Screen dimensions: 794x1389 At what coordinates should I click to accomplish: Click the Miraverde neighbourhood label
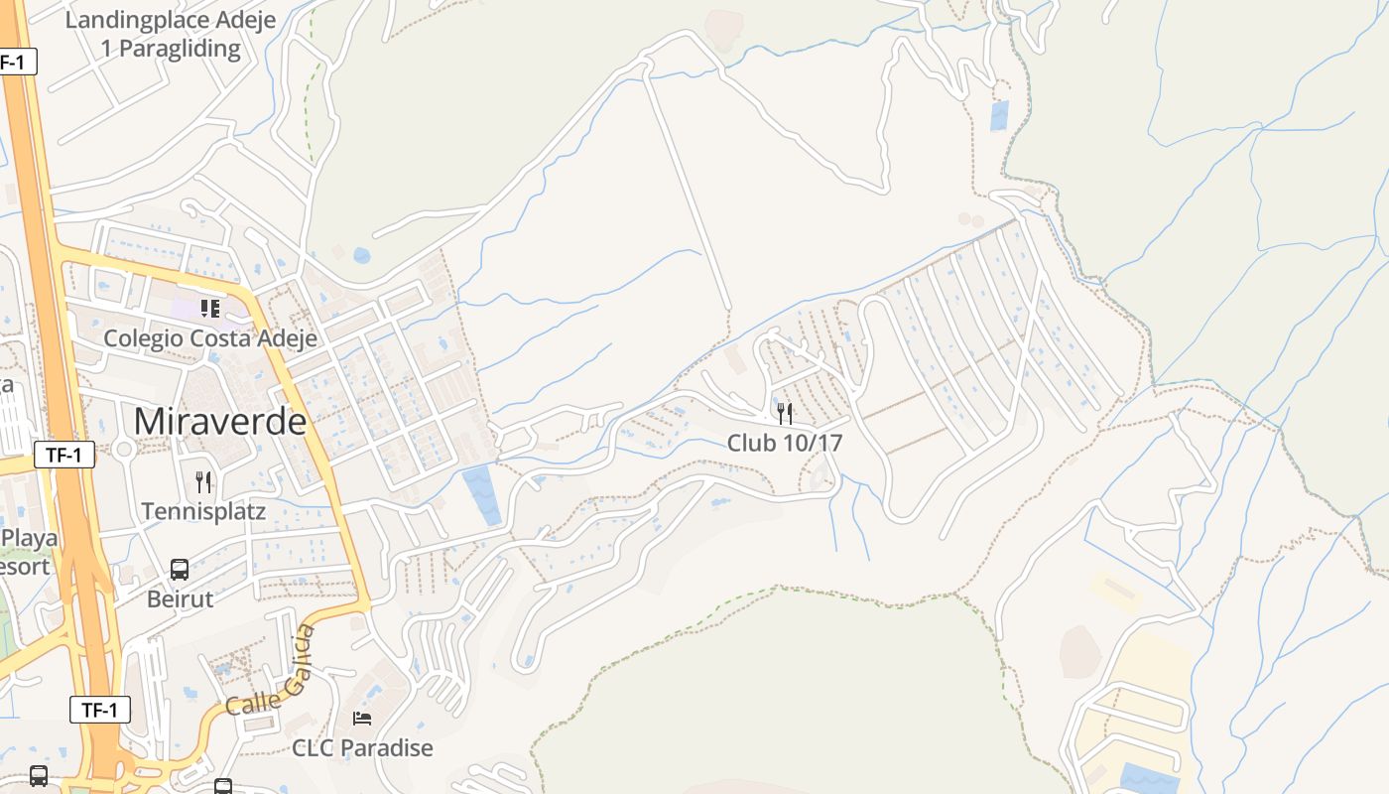coord(220,422)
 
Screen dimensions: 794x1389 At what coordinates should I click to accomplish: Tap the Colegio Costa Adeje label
coord(210,338)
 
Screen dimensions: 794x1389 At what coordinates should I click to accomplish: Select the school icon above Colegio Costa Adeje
coord(209,309)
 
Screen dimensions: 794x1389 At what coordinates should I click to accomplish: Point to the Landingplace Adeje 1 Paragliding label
coord(171,35)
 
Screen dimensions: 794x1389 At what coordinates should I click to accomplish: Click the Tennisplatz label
coord(203,512)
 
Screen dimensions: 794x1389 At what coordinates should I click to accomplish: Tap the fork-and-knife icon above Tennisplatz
coord(203,482)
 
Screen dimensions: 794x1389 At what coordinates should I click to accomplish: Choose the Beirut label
coord(180,599)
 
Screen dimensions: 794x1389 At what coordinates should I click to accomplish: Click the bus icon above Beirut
coord(180,570)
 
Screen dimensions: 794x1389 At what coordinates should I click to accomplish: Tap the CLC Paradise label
coord(362,747)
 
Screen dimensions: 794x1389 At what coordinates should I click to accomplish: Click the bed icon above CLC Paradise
coord(362,718)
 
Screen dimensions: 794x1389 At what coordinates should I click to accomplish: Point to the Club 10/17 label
coord(785,443)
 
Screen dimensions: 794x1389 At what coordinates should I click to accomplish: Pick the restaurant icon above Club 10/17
coord(785,413)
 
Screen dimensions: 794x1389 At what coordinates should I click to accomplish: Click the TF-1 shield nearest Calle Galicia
coord(100,710)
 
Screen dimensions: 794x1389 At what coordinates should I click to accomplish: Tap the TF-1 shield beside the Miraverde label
coord(64,456)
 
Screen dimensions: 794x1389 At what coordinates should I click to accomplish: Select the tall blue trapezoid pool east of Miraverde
coord(484,494)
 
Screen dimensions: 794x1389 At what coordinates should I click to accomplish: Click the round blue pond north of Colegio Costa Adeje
coord(362,256)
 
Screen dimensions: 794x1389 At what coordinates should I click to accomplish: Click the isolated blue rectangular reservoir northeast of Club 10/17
coord(999,115)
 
